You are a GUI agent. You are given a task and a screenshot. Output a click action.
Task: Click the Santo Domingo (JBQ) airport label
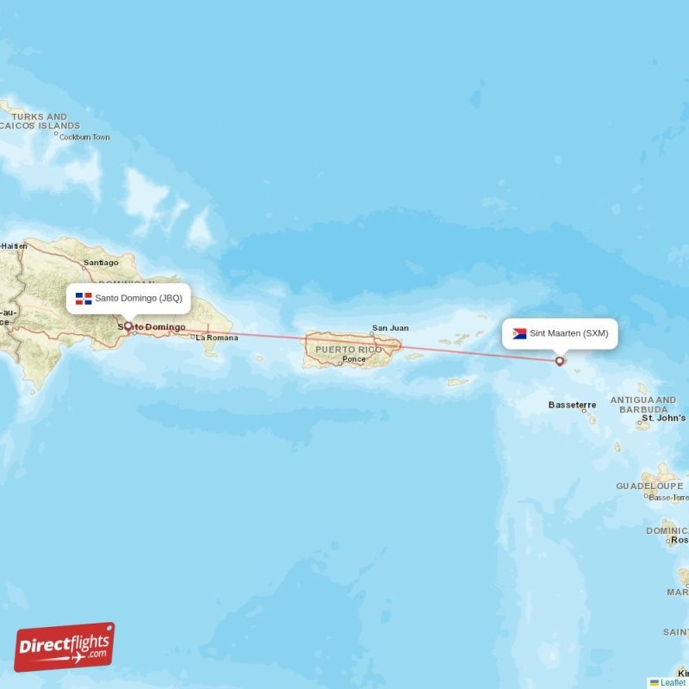click(138, 298)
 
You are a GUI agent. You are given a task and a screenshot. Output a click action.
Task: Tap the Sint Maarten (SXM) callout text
click(568, 333)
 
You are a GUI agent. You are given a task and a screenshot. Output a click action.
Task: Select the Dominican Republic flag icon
click(84, 299)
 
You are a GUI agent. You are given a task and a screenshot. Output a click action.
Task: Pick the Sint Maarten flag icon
click(519, 333)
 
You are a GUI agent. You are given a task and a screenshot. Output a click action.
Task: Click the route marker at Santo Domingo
click(128, 326)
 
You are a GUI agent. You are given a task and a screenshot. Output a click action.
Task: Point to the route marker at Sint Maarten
click(560, 361)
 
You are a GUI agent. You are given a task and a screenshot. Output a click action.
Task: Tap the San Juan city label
click(390, 328)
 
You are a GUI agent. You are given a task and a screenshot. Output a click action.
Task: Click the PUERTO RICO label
click(348, 350)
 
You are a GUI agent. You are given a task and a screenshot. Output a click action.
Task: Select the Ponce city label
click(353, 359)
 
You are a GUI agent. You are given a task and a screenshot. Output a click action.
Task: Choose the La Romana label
click(216, 338)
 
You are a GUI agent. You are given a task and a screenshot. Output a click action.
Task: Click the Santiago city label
click(101, 263)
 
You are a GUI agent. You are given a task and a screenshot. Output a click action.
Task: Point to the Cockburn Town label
click(83, 137)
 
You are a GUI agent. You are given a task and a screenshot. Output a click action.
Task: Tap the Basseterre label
click(572, 404)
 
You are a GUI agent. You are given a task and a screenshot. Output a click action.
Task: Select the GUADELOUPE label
click(649, 486)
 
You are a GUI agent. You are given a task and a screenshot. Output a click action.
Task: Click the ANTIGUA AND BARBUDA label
click(643, 405)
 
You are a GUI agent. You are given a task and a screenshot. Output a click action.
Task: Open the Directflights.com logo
click(65, 647)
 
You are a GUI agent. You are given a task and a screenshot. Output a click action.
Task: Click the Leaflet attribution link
click(673, 682)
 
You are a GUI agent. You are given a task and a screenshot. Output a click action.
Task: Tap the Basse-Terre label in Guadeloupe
click(668, 498)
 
